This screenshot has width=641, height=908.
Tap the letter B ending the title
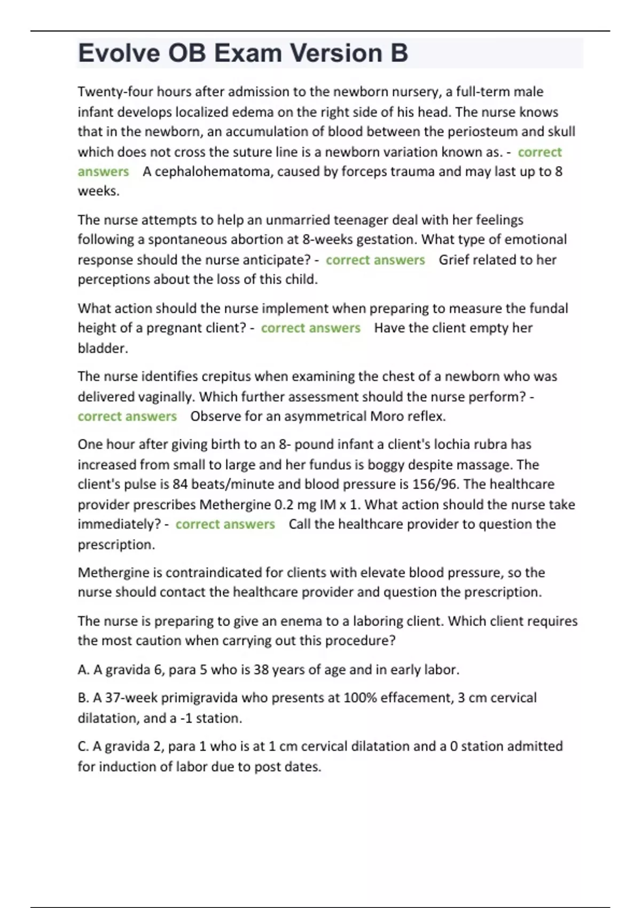pyautogui.click(x=399, y=53)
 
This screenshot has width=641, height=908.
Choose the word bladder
pyautogui.click(x=103, y=348)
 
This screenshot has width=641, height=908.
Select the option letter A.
pyautogui.click(x=83, y=670)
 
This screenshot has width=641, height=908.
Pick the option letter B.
pyautogui.click(x=83, y=698)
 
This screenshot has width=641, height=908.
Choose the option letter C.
pyautogui.click(x=83, y=746)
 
